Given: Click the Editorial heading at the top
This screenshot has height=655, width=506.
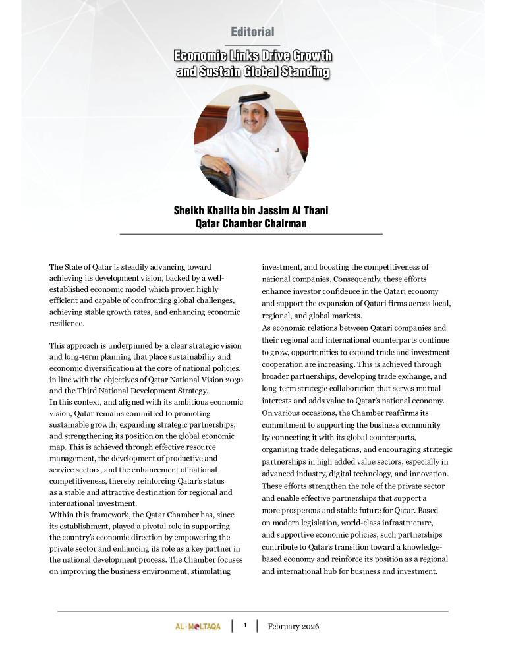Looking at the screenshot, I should [x=252, y=32].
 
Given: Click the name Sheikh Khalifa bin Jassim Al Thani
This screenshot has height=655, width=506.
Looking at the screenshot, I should [x=250, y=211].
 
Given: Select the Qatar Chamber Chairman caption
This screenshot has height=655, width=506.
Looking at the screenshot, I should [x=250, y=224].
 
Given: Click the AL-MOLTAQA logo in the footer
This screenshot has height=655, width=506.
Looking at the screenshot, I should [x=198, y=627].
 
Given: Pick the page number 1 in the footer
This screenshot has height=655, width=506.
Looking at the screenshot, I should [x=244, y=626].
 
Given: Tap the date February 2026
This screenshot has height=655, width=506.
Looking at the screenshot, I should [x=293, y=627].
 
